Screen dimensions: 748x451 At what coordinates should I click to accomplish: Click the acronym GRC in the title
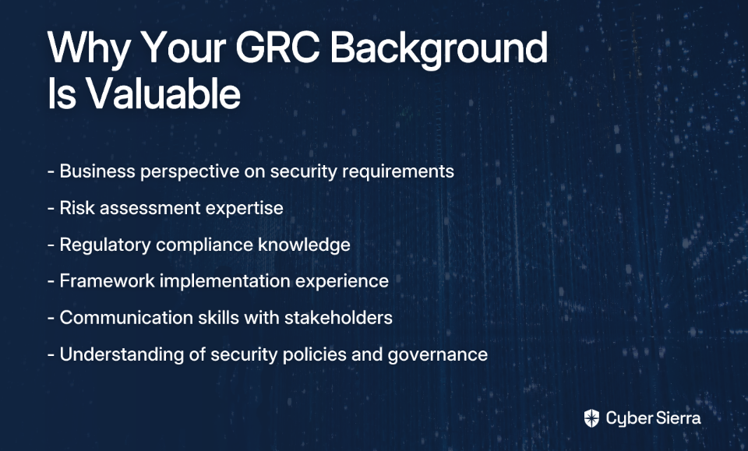coord(277,48)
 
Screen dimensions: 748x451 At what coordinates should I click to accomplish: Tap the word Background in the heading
coord(439,50)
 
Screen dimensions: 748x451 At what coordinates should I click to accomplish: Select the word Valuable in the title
coord(163,93)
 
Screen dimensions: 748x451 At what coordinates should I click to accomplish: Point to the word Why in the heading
coord(89,50)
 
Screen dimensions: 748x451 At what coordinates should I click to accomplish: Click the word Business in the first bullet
coord(97,171)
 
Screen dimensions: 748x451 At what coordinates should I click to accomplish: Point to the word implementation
coord(224,281)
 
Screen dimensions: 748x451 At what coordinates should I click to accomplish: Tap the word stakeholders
coord(338,318)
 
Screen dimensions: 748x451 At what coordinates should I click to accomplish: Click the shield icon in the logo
coord(591,418)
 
